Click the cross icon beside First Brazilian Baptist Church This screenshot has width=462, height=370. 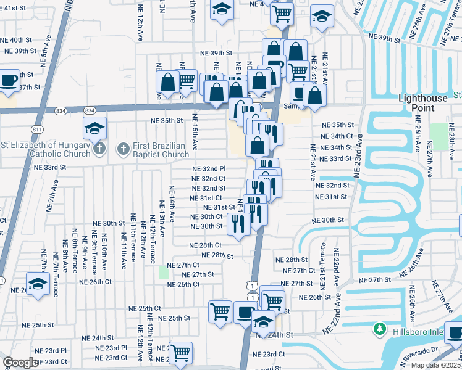[122, 149]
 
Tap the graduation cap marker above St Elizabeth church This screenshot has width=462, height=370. [94, 128]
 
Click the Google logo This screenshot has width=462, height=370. [20, 363]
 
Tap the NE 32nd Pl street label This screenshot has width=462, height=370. [209, 168]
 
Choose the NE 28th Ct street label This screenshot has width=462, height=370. [206, 245]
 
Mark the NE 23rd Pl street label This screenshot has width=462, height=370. [111, 348]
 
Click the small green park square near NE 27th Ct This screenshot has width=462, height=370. [163, 272]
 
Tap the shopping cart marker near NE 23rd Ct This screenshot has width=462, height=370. [180, 353]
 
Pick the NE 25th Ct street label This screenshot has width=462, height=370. [145, 308]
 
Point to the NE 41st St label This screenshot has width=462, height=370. [15, 7]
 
